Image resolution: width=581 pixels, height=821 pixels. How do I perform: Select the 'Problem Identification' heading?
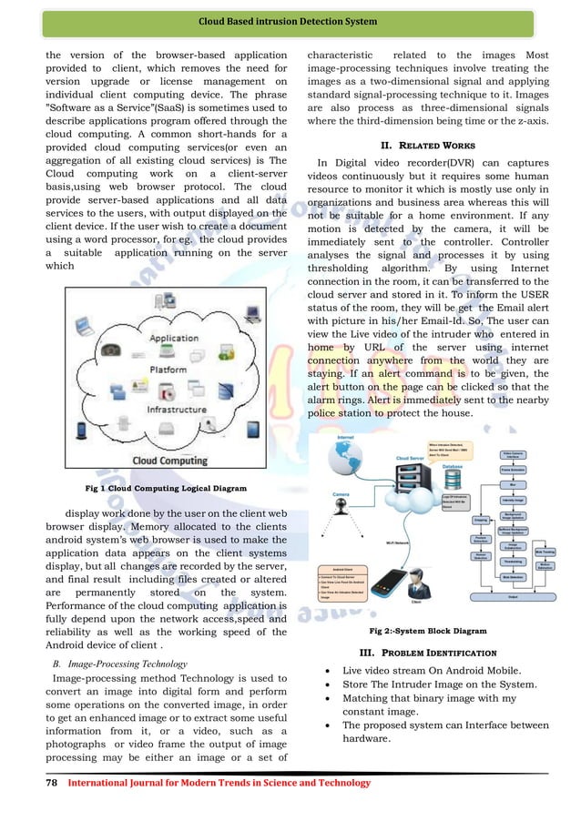(427, 653)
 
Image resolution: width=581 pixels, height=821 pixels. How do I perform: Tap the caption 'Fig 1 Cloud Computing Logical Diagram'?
(166, 488)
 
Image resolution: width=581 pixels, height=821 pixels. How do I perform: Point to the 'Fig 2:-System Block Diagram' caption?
(427, 630)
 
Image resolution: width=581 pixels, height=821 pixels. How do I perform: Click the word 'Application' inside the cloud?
(173, 338)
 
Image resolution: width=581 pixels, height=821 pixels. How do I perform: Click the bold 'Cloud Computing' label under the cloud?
(170, 461)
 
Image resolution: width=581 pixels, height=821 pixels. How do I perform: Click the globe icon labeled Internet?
(345, 461)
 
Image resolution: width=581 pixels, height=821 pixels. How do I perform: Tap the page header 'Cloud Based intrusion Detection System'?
(290, 21)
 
